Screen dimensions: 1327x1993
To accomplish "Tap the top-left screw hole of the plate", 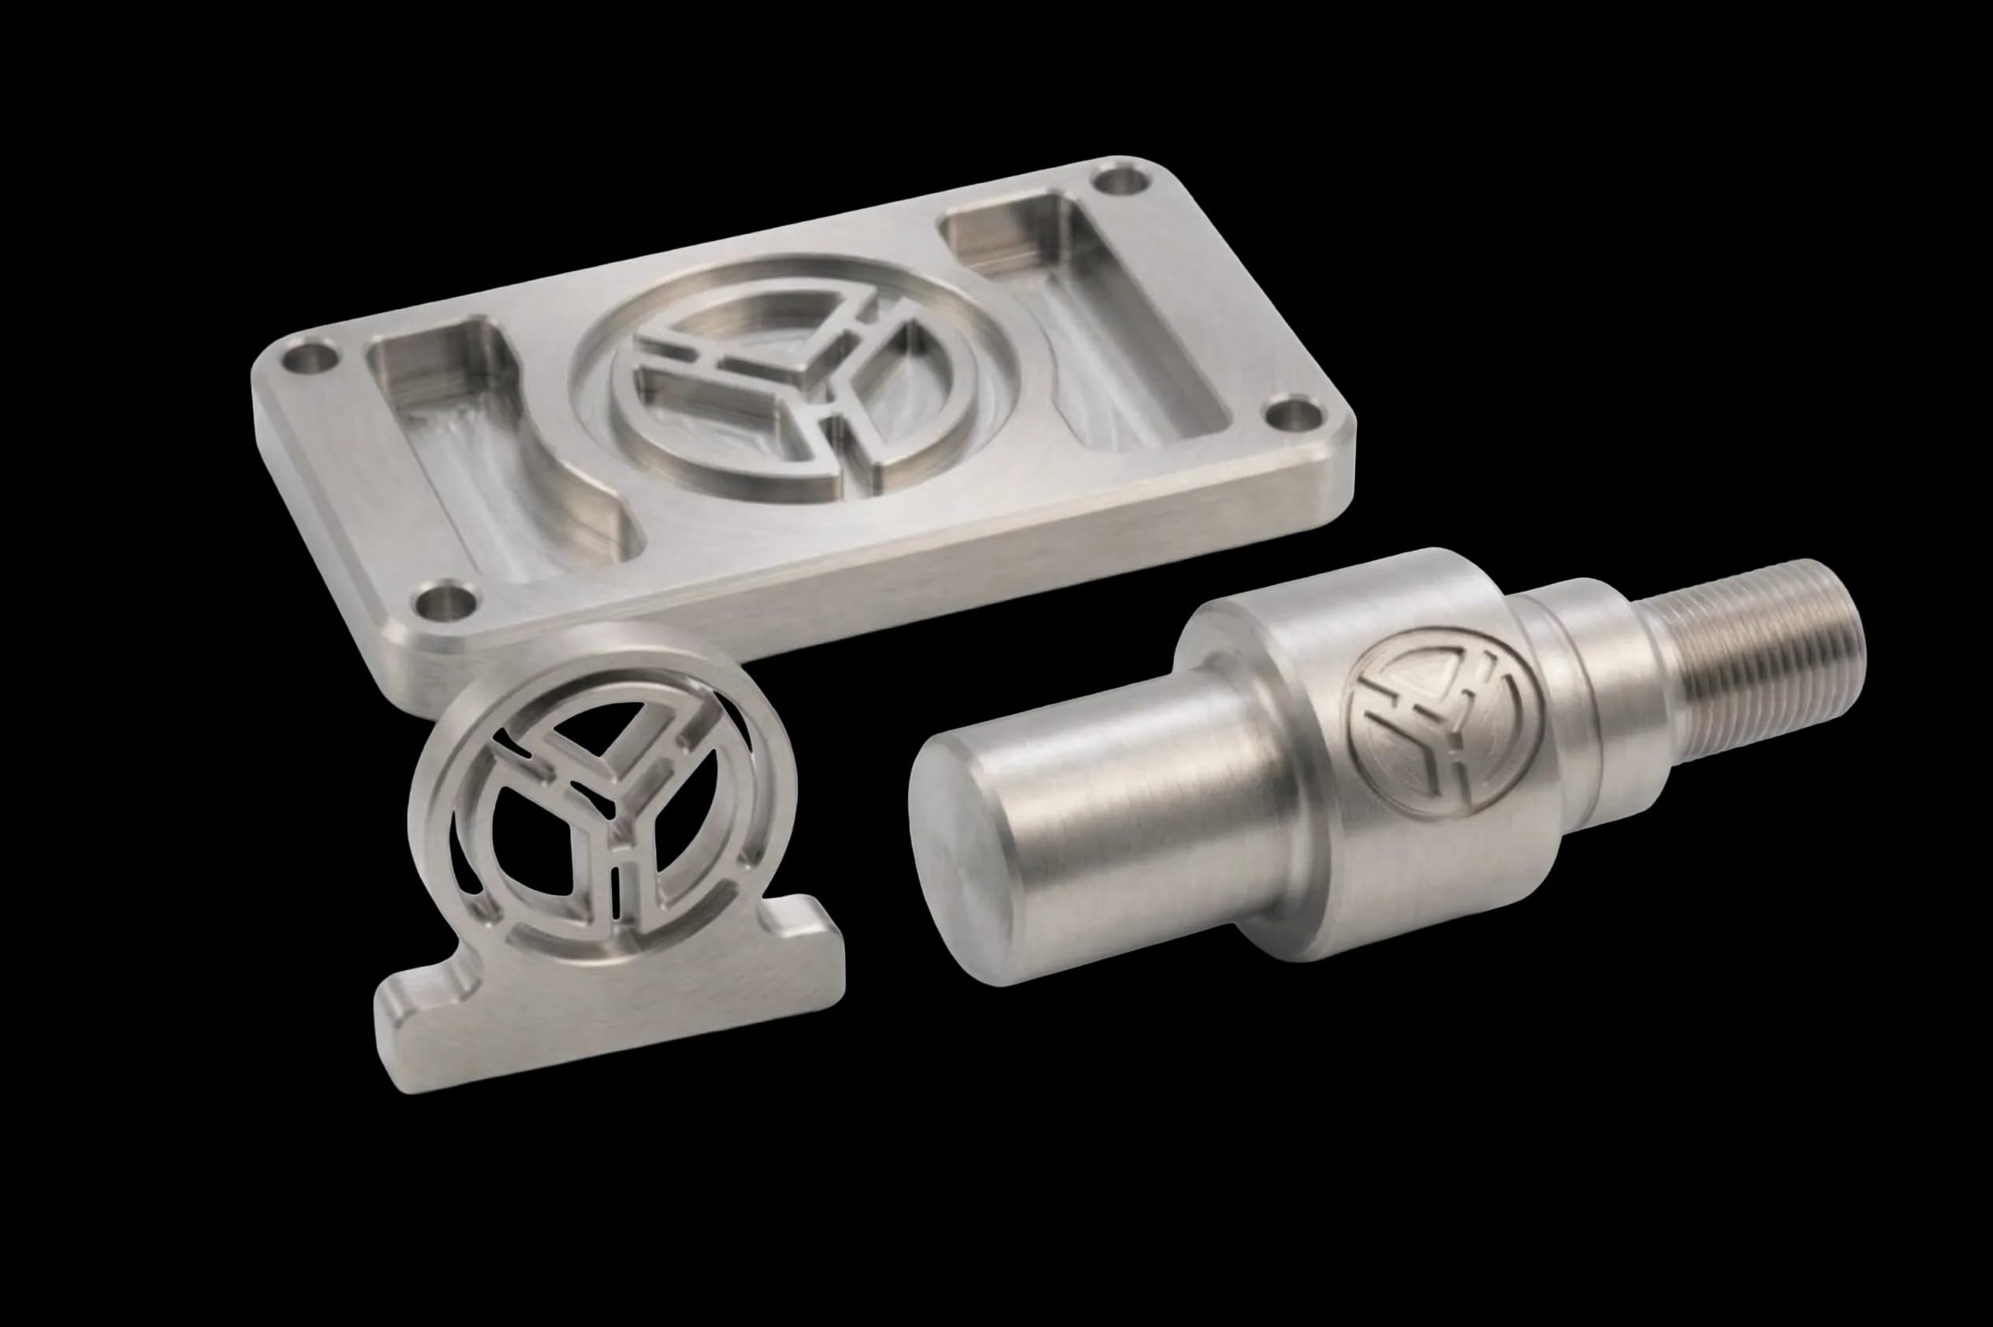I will point(309,359).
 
